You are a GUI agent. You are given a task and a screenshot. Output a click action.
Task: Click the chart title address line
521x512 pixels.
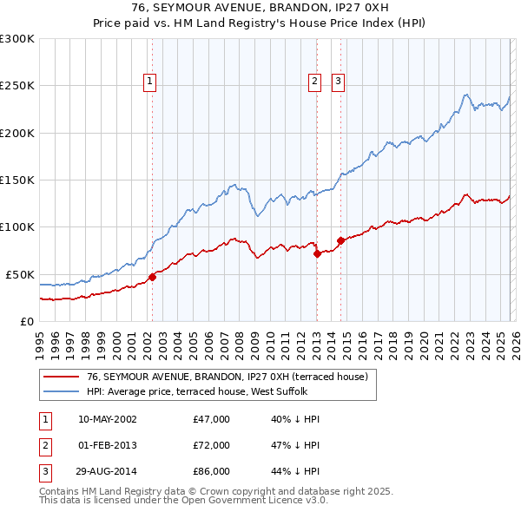(260, 8)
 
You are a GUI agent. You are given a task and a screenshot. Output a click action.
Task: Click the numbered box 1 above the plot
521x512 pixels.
(150, 82)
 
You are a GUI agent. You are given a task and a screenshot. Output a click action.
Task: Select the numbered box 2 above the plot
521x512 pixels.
(313, 82)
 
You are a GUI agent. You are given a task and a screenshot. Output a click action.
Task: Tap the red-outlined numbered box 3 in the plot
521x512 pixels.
(338, 82)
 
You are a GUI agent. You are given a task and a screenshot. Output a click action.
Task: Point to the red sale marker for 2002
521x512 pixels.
(152, 277)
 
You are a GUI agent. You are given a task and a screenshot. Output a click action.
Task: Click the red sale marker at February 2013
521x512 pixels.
(317, 253)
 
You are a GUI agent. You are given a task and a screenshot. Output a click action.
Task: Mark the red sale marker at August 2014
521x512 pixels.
(341, 240)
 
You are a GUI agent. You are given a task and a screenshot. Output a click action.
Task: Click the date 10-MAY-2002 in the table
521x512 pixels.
(107, 419)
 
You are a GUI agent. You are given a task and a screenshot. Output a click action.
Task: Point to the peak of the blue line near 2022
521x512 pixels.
(466, 95)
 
